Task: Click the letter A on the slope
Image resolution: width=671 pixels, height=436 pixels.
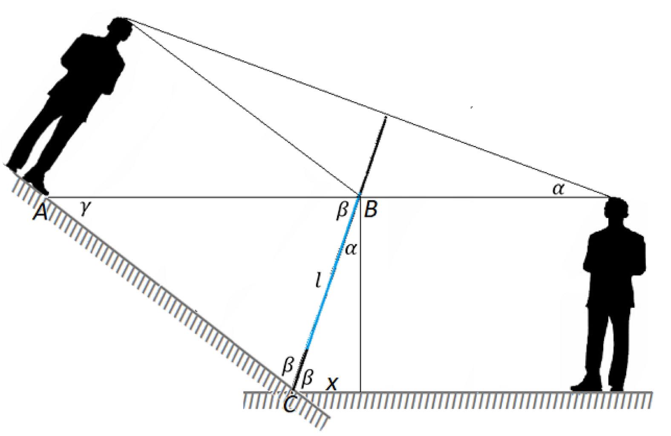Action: [41, 213]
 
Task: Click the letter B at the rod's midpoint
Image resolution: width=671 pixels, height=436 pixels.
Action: [371, 209]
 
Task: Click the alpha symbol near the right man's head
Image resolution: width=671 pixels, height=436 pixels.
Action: [559, 189]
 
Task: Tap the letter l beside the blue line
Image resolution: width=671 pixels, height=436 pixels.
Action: [319, 280]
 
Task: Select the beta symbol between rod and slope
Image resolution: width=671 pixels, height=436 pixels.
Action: [288, 366]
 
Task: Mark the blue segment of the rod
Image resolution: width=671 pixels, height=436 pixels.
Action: [332, 272]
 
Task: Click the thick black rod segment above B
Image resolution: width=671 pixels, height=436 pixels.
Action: [373, 156]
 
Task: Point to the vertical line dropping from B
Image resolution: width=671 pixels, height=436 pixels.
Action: [360, 294]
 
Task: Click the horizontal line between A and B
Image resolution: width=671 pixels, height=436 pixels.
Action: [202, 197]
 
